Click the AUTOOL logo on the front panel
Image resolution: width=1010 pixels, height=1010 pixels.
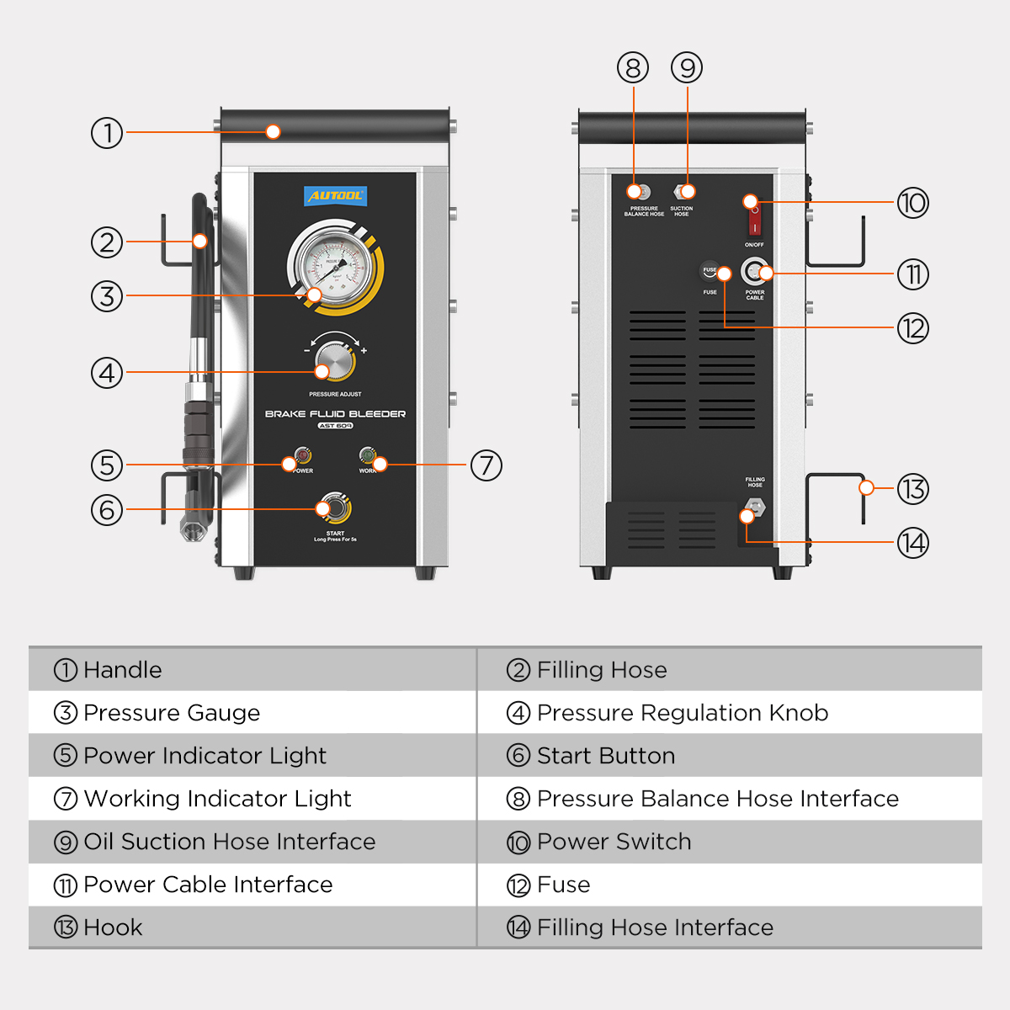click(335, 196)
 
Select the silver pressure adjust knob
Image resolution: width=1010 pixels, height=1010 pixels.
click(335, 363)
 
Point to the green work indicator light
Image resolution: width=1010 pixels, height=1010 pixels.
click(367, 455)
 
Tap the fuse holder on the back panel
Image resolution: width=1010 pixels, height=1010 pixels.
click(709, 272)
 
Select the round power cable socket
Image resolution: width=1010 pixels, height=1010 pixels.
click(754, 272)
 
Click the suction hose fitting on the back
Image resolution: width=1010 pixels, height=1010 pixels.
click(681, 192)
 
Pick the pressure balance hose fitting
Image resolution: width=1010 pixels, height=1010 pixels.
click(644, 192)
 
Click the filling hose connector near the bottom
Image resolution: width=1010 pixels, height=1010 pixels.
click(755, 508)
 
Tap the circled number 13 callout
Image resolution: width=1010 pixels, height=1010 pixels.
click(912, 489)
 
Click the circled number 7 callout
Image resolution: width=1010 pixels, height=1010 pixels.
click(486, 465)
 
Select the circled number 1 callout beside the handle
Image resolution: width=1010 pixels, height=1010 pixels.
click(107, 133)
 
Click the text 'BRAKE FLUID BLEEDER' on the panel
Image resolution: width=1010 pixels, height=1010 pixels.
click(335, 414)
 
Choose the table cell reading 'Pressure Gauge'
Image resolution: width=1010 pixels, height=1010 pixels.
click(172, 713)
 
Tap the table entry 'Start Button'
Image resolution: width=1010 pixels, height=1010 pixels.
click(605, 756)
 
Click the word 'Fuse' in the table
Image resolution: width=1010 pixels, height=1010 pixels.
click(563, 885)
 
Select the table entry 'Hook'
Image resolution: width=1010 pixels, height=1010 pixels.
click(113, 928)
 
